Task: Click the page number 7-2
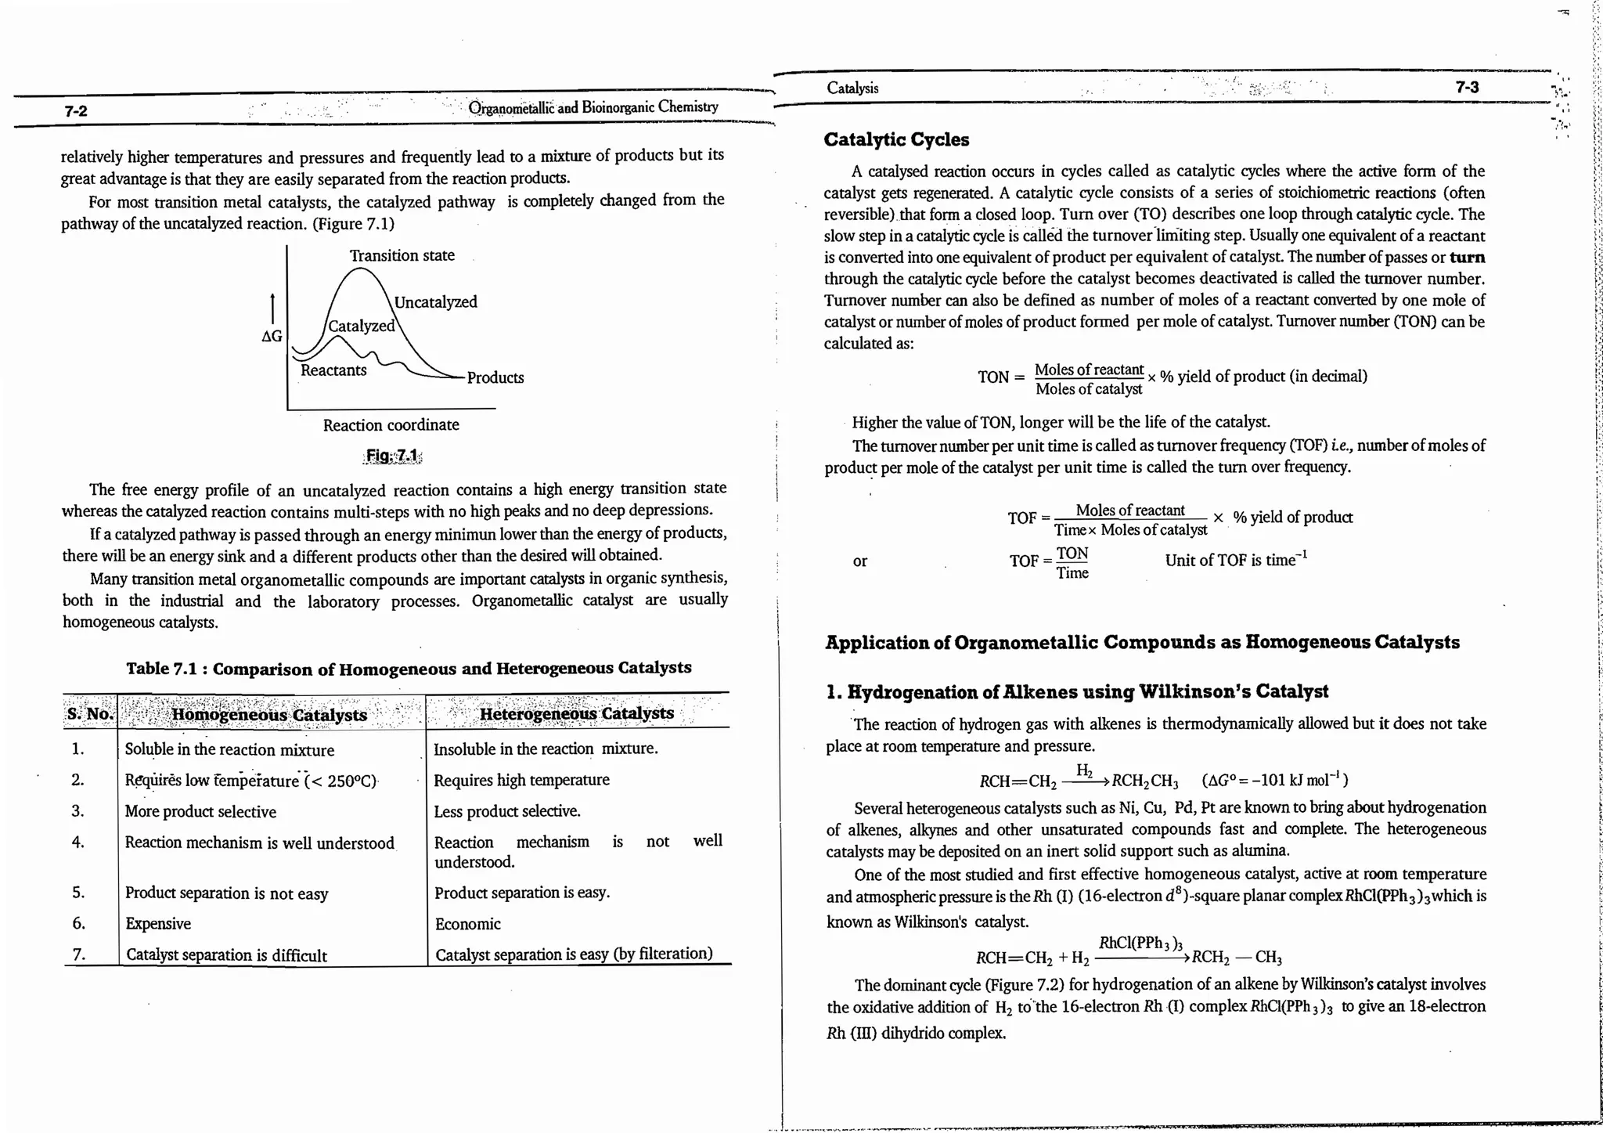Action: pos(76,111)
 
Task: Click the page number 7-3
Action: pos(1467,87)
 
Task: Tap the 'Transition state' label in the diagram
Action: pos(402,255)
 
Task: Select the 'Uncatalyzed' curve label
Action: pos(435,302)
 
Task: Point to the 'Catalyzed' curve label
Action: pos(361,326)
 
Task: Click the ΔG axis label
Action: pos(272,337)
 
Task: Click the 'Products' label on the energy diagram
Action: pos(495,377)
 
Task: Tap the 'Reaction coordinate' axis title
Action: pos(391,425)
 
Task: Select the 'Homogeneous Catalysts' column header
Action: pos(269,714)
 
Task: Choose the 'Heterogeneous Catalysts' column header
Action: pos(576,713)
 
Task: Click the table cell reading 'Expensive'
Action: pos(158,924)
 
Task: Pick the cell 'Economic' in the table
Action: pos(467,924)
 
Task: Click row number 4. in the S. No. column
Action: pos(77,842)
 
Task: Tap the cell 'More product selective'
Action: pos(200,812)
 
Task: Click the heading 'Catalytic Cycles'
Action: pos(896,140)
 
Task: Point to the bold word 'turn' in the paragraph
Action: pos(1467,258)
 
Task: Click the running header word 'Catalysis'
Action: pos(852,88)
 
